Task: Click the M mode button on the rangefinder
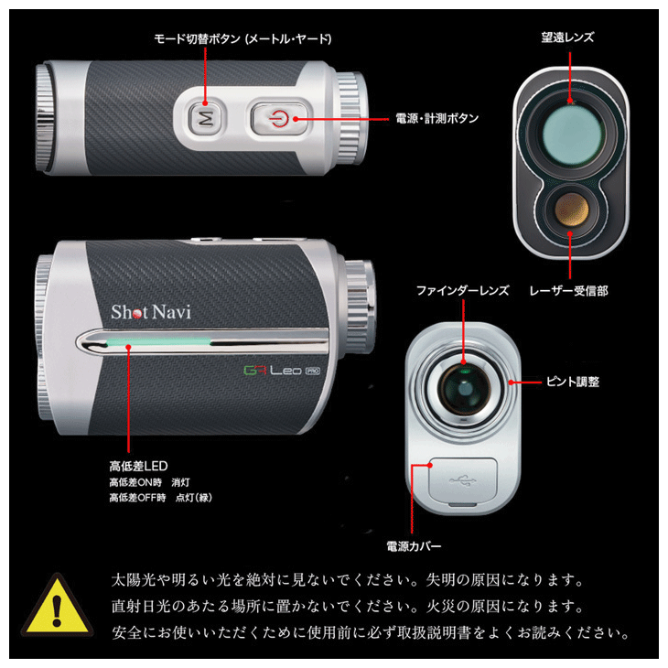click(x=206, y=117)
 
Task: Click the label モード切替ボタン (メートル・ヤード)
click(x=242, y=39)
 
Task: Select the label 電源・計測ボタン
click(x=436, y=118)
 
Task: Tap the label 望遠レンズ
click(x=567, y=38)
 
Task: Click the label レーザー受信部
click(x=568, y=291)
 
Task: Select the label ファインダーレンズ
click(x=462, y=291)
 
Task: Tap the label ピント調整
click(x=573, y=381)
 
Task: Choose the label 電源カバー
click(x=414, y=546)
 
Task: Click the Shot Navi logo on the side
click(x=151, y=311)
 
